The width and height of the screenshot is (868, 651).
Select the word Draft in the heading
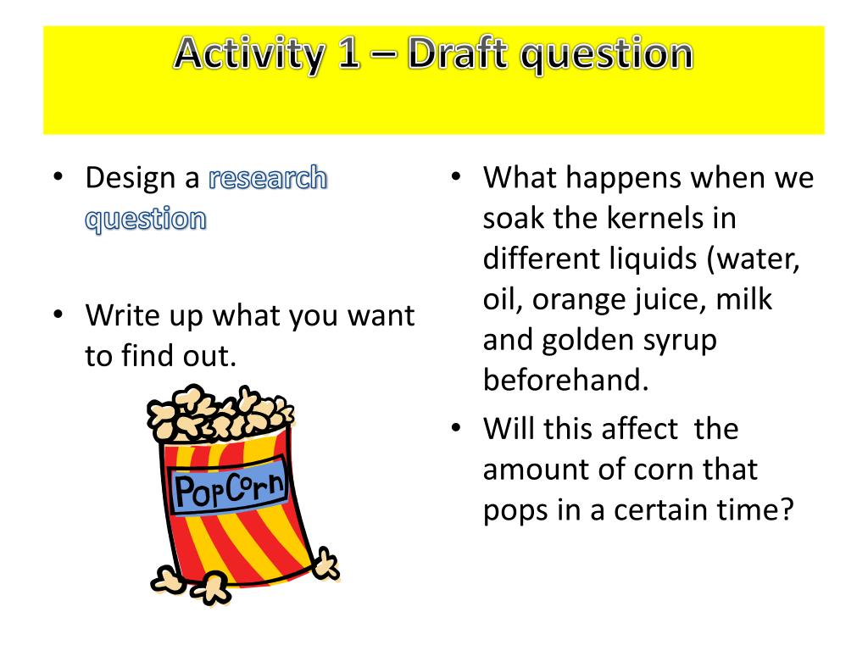458,55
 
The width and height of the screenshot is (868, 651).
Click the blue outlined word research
267,178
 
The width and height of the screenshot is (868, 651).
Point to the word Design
135,178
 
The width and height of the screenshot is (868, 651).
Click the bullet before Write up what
57,314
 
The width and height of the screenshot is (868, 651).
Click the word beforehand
565,380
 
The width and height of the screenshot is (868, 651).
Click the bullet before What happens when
455,177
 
